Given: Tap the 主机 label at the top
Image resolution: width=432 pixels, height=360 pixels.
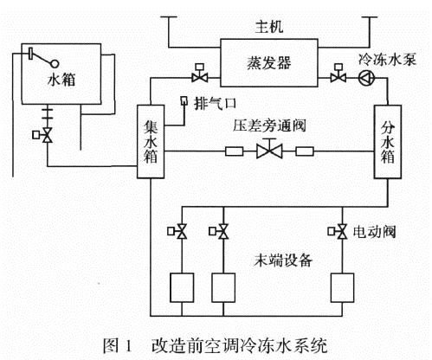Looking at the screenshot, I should point(260,26).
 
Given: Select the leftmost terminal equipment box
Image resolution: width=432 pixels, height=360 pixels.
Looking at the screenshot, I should point(184,286).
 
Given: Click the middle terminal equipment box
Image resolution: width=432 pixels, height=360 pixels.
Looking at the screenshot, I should point(223,286).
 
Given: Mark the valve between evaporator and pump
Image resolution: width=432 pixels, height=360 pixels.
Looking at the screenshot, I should point(334,77).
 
